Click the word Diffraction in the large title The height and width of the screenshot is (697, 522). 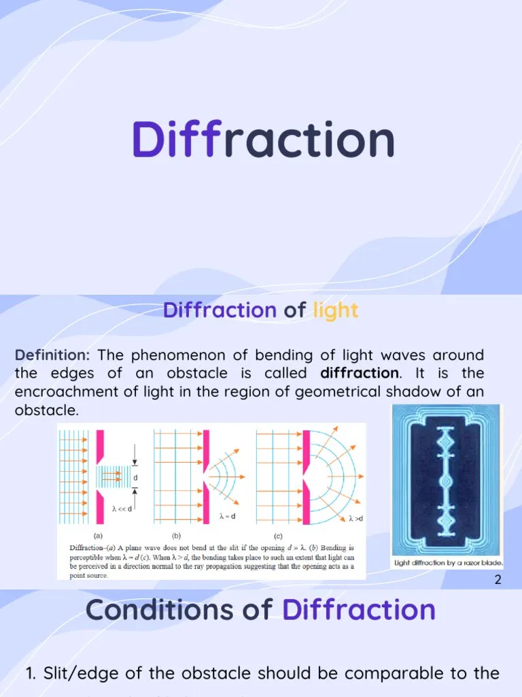point(263,140)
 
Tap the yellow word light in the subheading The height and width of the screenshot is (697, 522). point(335,311)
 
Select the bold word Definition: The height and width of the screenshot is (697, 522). point(52,355)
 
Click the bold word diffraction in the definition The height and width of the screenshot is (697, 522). point(360,373)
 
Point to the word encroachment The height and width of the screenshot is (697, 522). point(69,391)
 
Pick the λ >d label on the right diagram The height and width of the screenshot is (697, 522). point(355,519)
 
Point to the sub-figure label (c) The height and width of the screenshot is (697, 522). point(279,535)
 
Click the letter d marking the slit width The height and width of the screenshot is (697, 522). point(135,477)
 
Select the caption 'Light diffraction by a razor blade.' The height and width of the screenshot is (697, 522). point(448,564)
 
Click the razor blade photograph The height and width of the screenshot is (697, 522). point(447,480)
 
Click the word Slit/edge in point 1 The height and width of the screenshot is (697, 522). point(80,674)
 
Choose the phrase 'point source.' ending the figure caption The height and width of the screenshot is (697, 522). point(88,575)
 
